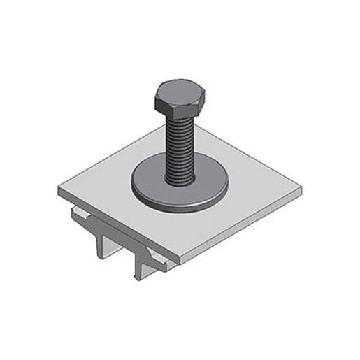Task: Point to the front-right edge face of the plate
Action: [241, 228]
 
